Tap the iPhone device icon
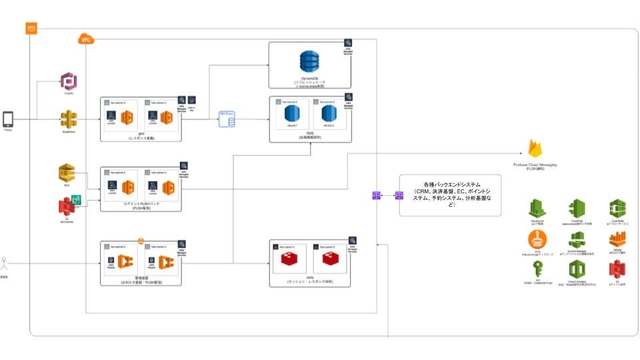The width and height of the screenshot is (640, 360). point(9,119)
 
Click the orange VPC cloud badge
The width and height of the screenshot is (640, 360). point(86,40)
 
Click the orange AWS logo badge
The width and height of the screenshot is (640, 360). point(31,29)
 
